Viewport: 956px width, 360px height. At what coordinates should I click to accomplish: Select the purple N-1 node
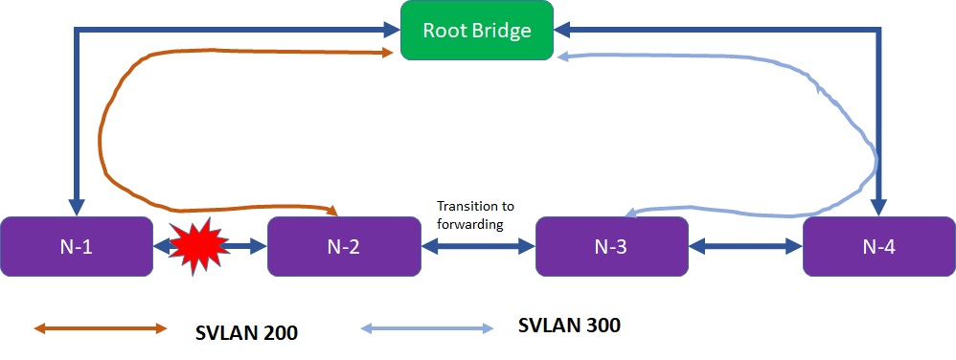pos(77,246)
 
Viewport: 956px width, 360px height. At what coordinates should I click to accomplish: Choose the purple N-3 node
pos(611,246)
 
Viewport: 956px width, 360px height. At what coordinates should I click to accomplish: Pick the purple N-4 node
pos(878,246)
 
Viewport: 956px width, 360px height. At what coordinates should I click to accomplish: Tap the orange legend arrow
pos(101,328)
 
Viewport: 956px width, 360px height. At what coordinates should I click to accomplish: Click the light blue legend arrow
pos(426,329)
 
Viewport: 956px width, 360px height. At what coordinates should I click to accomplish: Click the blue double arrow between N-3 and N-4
pos(744,247)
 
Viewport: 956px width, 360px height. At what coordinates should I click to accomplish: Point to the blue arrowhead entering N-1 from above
pos(78,208)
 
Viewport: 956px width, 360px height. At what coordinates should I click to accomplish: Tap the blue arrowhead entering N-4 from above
pos(879,208)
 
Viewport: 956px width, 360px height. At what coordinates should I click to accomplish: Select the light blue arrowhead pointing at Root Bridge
pos(564,56)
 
